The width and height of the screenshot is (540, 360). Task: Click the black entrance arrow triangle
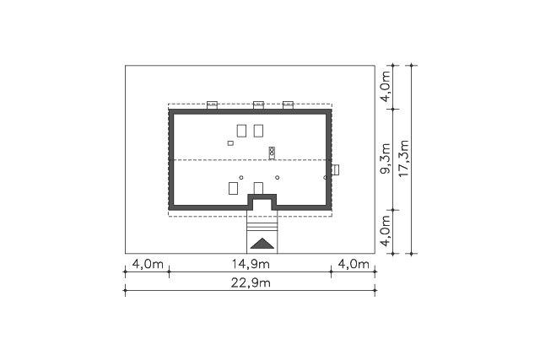coord(262,244)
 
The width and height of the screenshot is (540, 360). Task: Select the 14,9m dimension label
coord(251,265)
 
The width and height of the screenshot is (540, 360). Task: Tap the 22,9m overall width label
coord(251,283)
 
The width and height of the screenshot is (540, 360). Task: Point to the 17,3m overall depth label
coord(403,159)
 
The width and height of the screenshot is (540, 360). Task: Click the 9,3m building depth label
coord(386,159)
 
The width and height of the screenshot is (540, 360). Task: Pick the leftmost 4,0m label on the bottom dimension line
coord(148,265)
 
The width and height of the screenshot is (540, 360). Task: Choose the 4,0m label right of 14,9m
coord(354,265)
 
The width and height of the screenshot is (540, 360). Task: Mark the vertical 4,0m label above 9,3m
coord(386,86)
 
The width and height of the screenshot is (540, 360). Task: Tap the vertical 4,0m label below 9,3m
coord(386,231)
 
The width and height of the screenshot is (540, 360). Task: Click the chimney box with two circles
coord(272,153)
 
